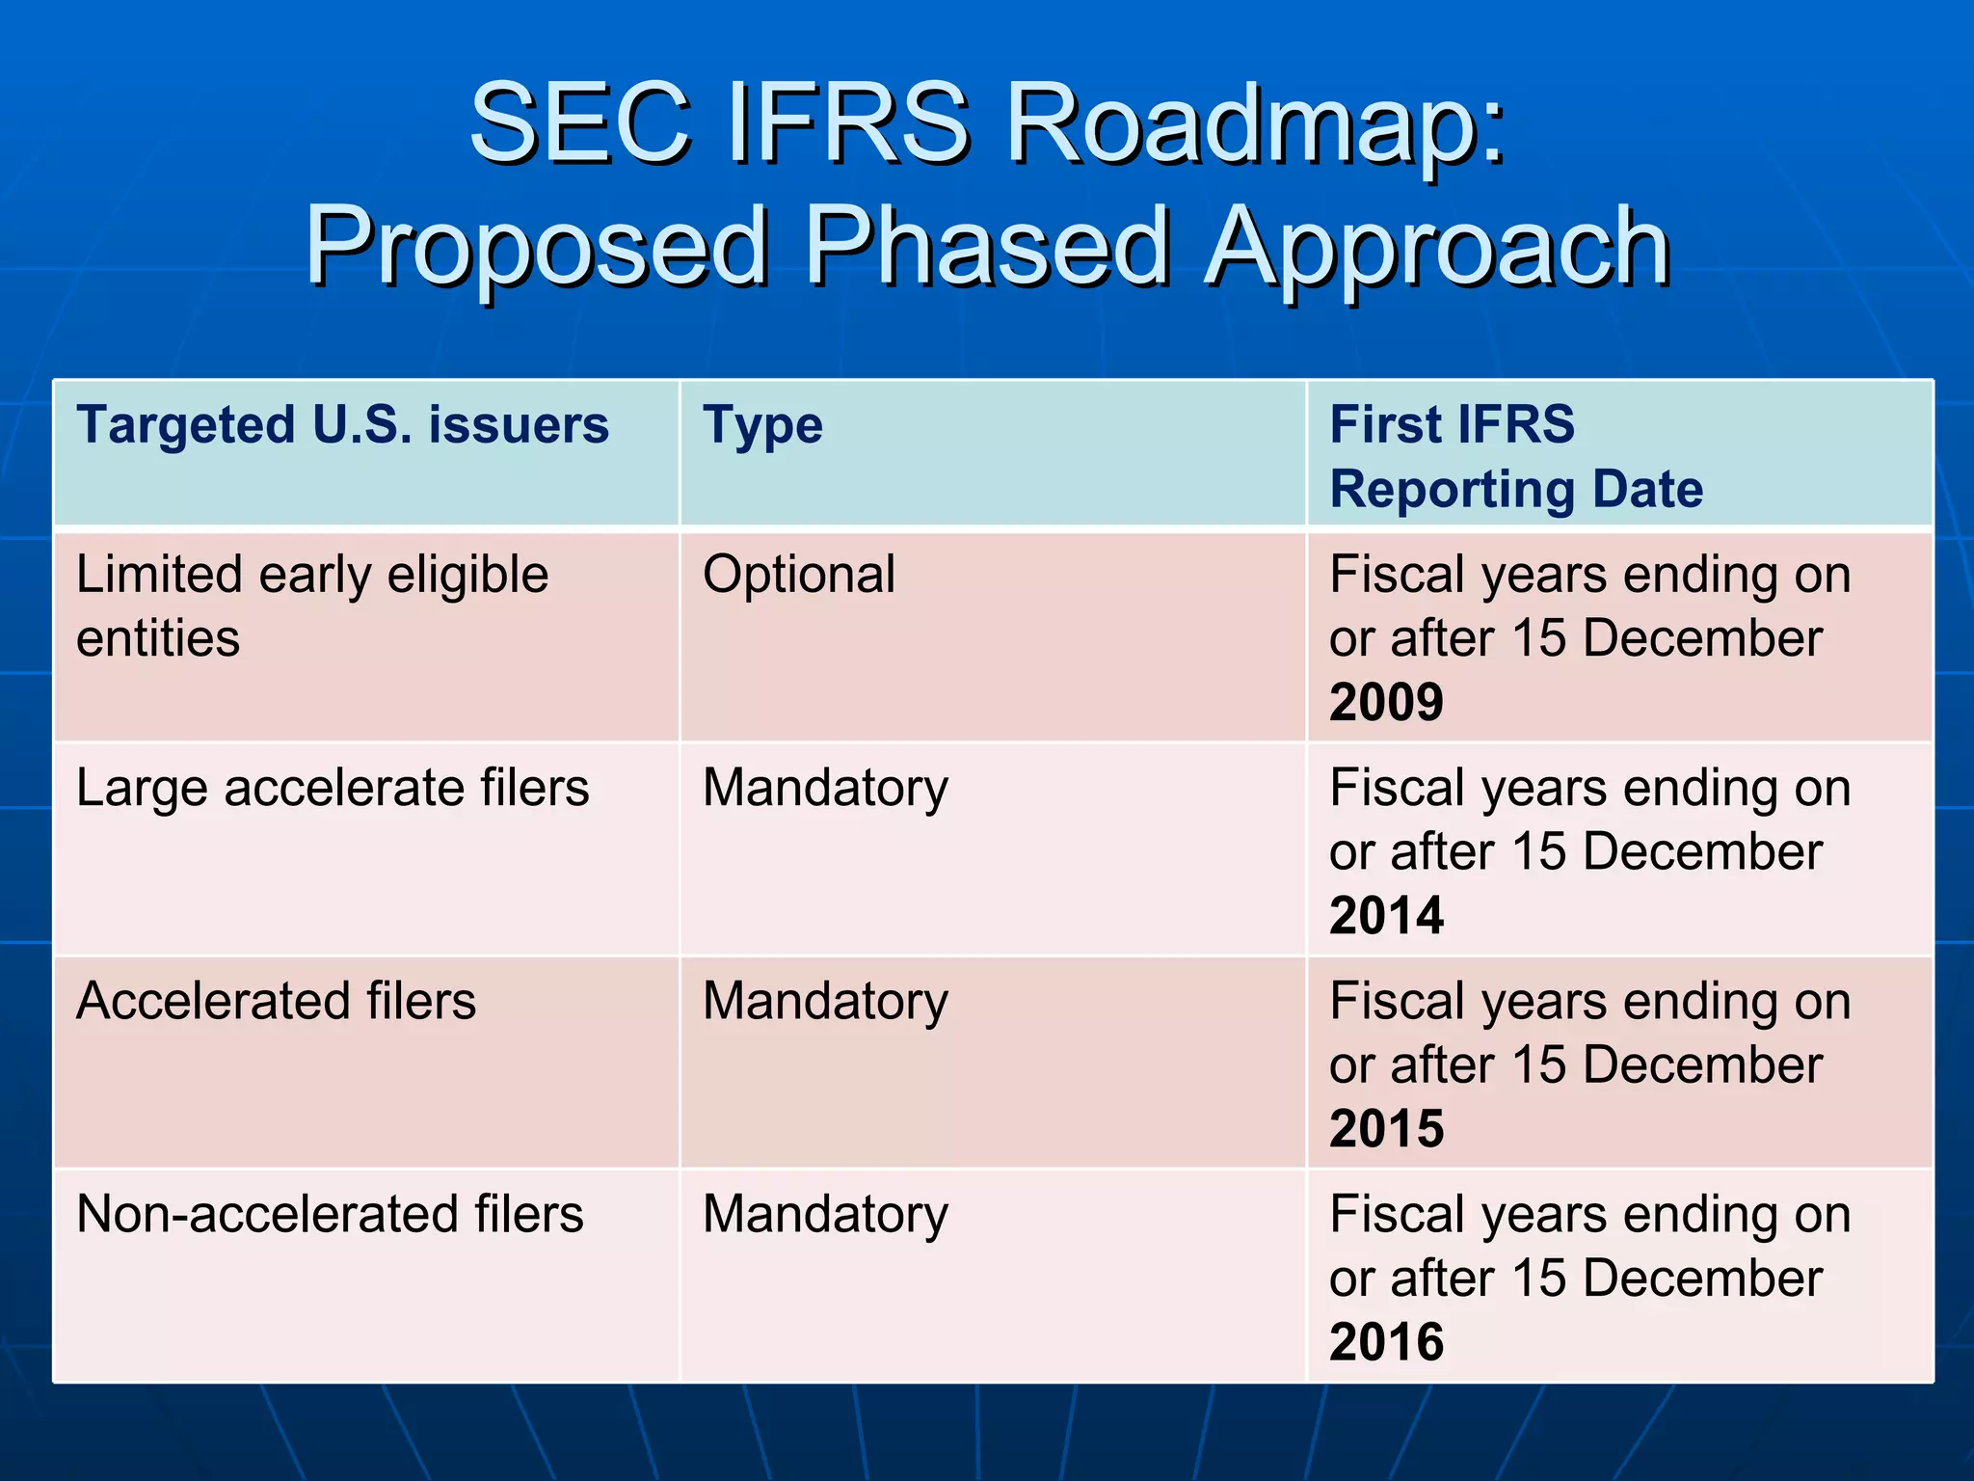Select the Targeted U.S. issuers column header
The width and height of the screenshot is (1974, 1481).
342,425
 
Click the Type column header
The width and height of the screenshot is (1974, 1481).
762,425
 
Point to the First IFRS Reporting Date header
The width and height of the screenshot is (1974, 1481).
1515,456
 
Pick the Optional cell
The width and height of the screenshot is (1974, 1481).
799,575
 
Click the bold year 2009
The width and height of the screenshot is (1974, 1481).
1386,702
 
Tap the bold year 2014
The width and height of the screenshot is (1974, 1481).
1386,915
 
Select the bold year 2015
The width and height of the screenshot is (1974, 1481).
1386,1128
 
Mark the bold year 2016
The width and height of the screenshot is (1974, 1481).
1386,1341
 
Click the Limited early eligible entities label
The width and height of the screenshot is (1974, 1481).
311,606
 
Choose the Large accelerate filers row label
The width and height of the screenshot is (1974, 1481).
333,788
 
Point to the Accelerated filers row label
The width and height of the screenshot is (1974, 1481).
276,1001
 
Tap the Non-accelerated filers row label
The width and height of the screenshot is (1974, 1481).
330,1214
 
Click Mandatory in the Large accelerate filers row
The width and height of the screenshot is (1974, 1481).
825,789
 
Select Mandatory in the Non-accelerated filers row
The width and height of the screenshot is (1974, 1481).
825,1215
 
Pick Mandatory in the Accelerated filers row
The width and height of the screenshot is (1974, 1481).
825,1002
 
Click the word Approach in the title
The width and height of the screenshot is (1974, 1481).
1437,249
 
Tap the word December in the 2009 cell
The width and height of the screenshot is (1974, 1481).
1701,638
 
